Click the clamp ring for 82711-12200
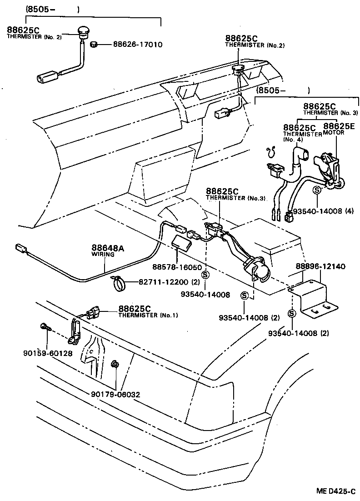[118, 285]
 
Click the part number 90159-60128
[47, 353]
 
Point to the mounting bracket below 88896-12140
[313, 298]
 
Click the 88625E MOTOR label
[339, 130]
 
